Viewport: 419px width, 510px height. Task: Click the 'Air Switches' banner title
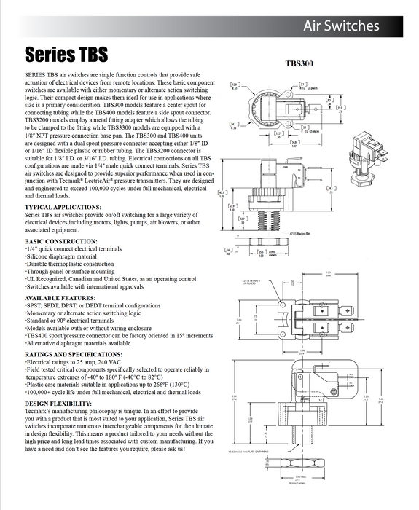(341, 26)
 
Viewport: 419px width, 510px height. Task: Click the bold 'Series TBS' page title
(66, 55)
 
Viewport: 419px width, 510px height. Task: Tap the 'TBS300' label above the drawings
(299, 63)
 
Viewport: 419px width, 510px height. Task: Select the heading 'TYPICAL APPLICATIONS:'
(64, 208)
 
